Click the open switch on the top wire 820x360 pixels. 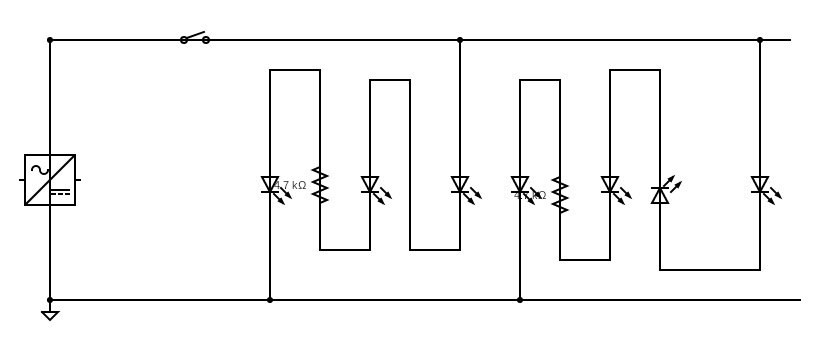point(194,38)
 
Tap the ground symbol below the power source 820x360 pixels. point(50,315)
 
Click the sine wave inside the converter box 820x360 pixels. point(39,169)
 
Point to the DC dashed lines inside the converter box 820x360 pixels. point(61,192)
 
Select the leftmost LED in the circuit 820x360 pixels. point(270,185)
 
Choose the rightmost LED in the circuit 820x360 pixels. point(760,185)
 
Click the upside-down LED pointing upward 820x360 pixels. point(660,195)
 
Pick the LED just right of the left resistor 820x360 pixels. point(370,185)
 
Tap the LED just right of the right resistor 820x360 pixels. point(610,185)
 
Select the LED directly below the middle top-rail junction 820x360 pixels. point(460,185)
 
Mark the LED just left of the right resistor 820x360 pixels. point(520,185)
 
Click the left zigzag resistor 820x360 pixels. point(320,185)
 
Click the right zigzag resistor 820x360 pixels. point(560,196)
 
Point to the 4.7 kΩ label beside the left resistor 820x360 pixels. point(291,186)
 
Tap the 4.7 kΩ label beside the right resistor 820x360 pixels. point(531,196)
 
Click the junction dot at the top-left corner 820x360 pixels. point(50,40)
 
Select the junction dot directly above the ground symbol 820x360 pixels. point(50,300)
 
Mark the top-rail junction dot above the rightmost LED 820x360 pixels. point(760,40)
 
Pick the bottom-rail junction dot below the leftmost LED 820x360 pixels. point(270,300)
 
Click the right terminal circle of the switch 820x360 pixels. point(206,40)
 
